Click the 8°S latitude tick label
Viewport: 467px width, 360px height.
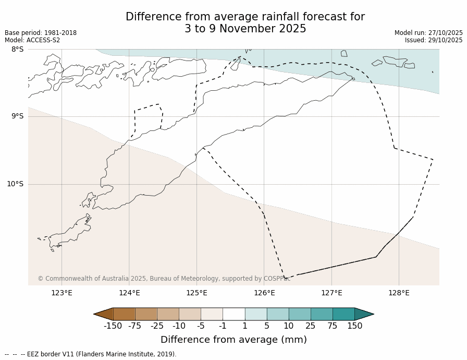coord(17,49)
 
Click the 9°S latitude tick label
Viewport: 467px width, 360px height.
coord(17,116)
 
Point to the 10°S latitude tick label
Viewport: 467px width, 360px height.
coord(15,184)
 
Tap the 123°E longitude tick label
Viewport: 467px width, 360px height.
coord(62,293)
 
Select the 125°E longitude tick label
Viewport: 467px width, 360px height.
coord(196,293)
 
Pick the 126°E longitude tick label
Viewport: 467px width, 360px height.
coord(264,293)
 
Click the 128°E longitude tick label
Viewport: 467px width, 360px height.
coord(399,293)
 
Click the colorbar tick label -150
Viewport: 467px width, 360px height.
coord(113,326)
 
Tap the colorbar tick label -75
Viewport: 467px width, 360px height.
coord(135,326)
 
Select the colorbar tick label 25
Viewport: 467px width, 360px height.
coord(310,326)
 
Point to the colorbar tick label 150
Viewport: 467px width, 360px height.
coord(354,326)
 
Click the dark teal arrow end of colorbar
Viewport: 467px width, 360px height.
coord(364,314)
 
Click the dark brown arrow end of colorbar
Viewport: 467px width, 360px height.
coord(104,314)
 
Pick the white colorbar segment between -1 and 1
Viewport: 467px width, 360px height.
coord(233,314)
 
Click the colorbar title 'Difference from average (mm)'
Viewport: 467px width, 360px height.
coord(233,340)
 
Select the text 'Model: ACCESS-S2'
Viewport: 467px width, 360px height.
coord(32,40)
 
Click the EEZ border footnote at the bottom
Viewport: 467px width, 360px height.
coord(91,354)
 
